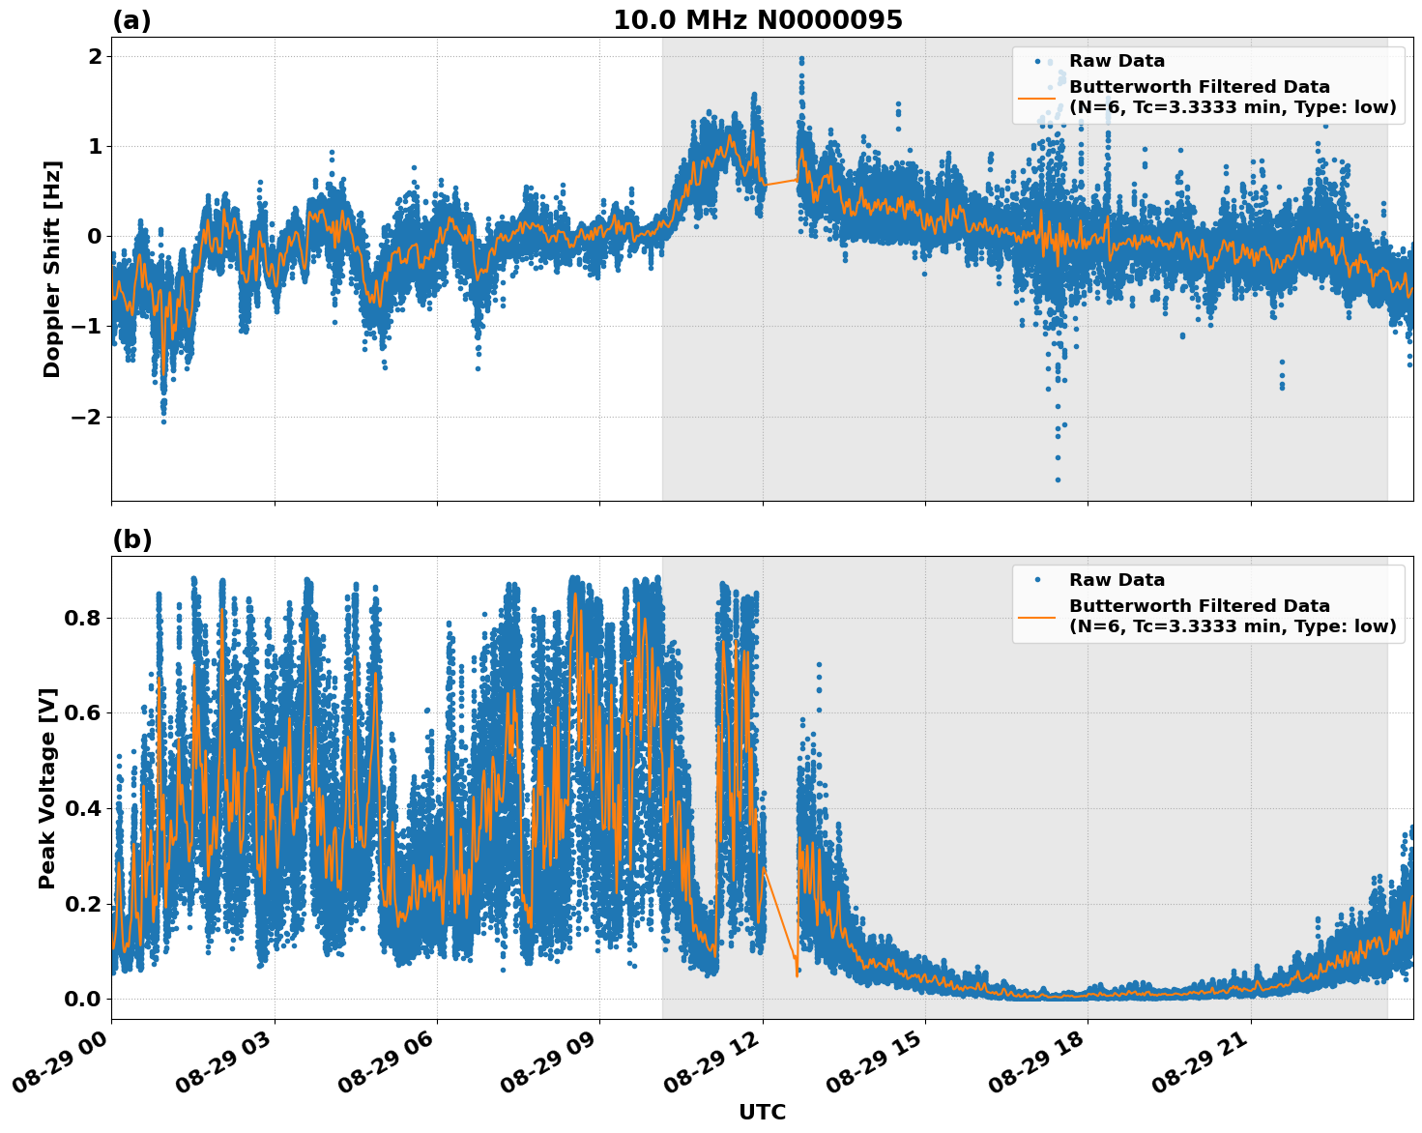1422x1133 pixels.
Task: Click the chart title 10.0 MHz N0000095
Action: click(x=757, y=20)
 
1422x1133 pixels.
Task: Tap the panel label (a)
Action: click(x=131, y=20)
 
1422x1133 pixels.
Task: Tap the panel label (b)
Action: click(x=131, y=539)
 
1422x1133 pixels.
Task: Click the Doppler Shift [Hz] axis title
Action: click(x=52, y=269)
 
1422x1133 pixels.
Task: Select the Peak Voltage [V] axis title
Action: click(x=47, y=788)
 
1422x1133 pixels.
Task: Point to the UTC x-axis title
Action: click(x=762, y=1112)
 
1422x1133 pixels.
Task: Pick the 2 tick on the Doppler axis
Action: click(x=95, y=56)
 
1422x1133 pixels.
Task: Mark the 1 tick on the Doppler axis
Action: click(x=95, y=146)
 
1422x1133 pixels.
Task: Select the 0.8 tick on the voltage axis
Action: click(x=81, y=618)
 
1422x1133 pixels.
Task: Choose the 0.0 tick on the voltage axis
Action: click(x=81, y=999)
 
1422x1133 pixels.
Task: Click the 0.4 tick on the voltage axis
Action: click(x=81, y=808)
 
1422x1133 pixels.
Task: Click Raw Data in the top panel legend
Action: click(x=1117, y=61)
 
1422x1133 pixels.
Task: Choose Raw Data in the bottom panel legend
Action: click(x=1117, y=580)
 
